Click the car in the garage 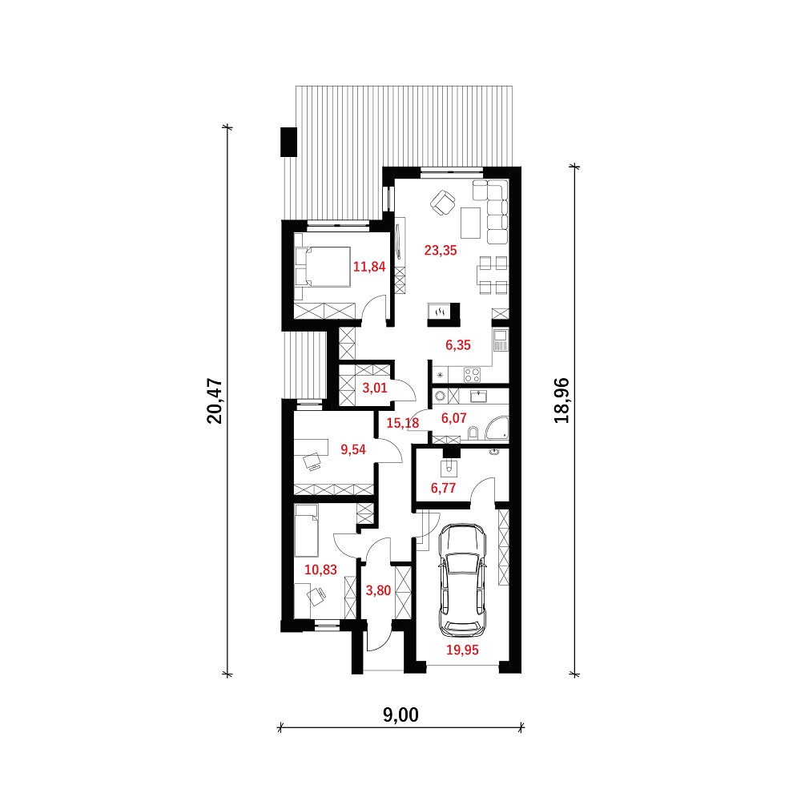pyautogui.click(x=463, y=580)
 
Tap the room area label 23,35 pyautogui.click(x=441, y=250)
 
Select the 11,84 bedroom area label pyautogui.click(x=369, y=267)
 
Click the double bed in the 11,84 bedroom pyautogui.click(x=322, y=268)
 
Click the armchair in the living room pyautogui.click(x=442, y=203)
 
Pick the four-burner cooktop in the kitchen pyautogui.click(x=472, y=375)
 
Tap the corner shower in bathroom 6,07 pyautogui.click(x=497, y=428)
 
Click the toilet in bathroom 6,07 pyautogui.click(x=473, y=433)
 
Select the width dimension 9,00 pyautogui.click(x=401, y=715)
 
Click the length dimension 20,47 pyautogui.click(x=215, y=401)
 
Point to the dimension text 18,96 pyautogui.click(x=562, y=400)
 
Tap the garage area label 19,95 pyautogui.click(x=462, y=650)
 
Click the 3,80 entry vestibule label pyautogui.click(x=379, y=590)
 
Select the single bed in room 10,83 pyautogui.click(x=307, y=530)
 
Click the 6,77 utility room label pyautogui.click(x=444, y=488)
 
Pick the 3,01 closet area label pyautogui.click(x=375, y=388)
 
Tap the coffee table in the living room pyautogui.click(x=471, y=223)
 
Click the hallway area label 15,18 pyautogui.click(x=403, y=423)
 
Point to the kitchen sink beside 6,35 pyautogui.click(x=501, y=340)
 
